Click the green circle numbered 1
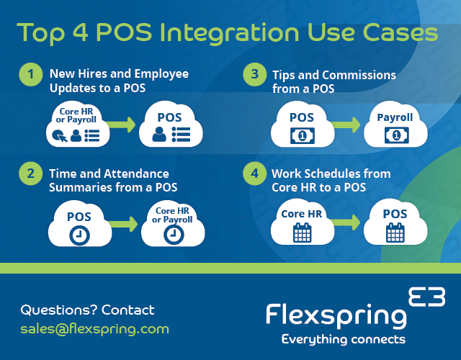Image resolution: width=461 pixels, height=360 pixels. coord(30,74)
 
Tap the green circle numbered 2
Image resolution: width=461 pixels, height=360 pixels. coord(30,174)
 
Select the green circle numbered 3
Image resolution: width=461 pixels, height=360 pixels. coord(254,74)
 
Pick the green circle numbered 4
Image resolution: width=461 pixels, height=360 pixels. coord(254,174)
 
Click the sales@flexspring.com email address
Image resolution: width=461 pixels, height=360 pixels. coord(94,330)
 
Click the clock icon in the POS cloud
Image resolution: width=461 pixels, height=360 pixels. coord(79,235)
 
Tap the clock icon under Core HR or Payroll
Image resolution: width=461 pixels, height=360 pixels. coord(174,235)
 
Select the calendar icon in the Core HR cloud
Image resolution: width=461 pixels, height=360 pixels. coord(303,233)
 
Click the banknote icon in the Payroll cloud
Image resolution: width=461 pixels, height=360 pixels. coord(396,135)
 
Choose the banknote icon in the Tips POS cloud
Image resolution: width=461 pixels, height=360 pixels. coord(303,136)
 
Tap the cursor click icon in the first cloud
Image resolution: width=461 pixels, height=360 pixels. coord(59,136)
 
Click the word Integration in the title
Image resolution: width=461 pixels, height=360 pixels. coord(230,33)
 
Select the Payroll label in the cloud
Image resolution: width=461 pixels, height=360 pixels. coord(395,117)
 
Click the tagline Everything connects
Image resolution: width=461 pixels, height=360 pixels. coord(344,339)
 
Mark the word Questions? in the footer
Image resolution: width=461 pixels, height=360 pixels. coord(59,310)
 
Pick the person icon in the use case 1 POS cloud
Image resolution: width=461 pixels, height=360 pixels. coord(159,135)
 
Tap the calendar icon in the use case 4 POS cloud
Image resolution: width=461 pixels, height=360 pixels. coord(395,233)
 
